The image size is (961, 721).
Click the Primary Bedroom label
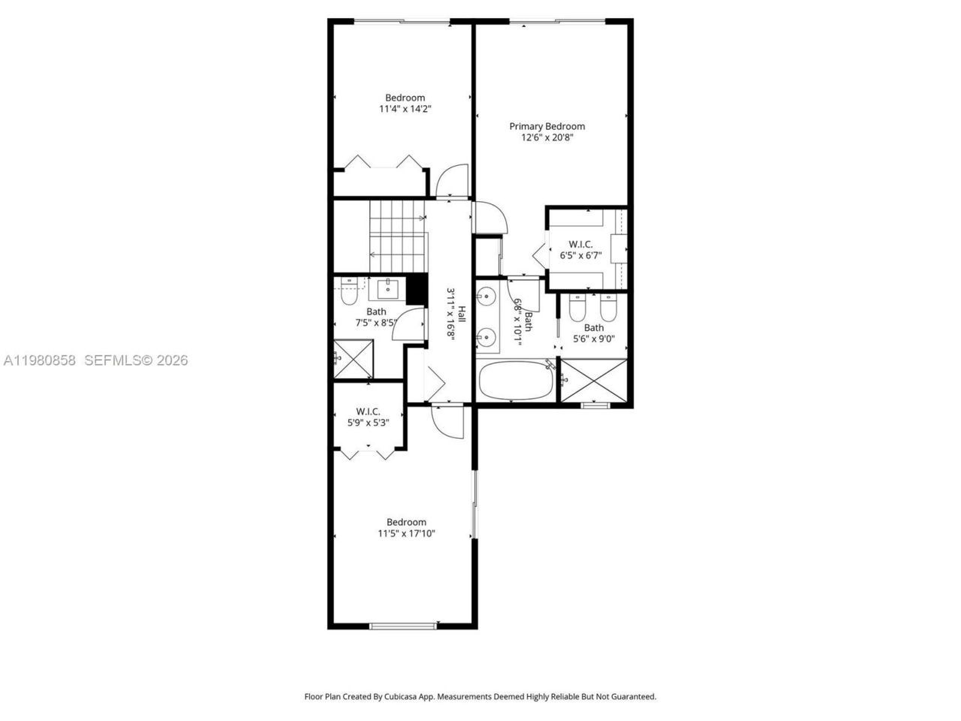(547, 126)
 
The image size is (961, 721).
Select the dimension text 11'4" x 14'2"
(405, 109)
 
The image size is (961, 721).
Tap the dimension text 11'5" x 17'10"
(406, 534)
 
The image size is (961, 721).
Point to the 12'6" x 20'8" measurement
(547, 137)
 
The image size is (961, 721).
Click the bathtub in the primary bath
(515, 382)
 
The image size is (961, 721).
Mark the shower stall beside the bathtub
(594, 380)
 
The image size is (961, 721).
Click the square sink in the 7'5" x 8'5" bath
(388, 287)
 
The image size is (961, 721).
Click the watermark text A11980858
(39, 360)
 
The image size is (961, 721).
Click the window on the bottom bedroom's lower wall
(403, 625)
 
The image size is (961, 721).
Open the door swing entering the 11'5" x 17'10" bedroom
(449, 421)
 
